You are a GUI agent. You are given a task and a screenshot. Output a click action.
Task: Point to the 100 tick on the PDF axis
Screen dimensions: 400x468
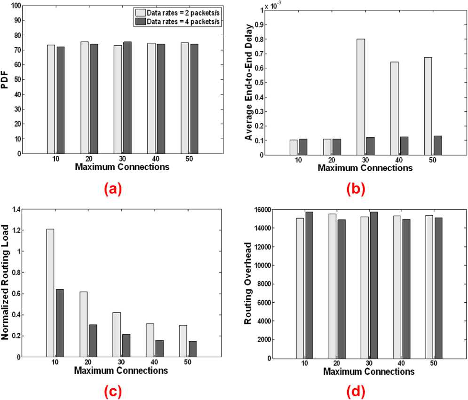[17, 6]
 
